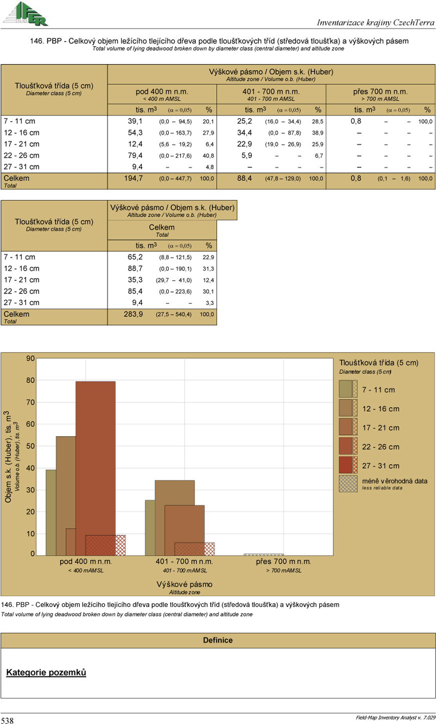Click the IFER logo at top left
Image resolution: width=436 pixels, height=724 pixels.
pyautogui.click(x=26, y=14)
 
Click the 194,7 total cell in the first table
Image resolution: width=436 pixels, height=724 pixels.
pyautogui.click(x=133, y=178)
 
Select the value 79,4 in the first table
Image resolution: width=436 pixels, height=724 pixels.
pyautogui.click(x=135, y=155)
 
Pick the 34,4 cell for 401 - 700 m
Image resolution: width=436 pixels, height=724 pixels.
pyautogui.click(x=244, y=133)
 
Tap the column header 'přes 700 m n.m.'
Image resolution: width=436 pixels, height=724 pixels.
pyautogui.click(x=380, y=92)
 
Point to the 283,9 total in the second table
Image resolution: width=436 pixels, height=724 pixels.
pyautogui.click(x=133, y=314)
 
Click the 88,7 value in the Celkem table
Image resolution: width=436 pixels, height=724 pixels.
pyautogui.click(x=135, y=268)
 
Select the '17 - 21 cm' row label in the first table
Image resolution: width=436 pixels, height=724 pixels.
pyautogui.click(x=22, y=144)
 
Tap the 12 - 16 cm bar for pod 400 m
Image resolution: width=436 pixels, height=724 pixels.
pyautogui.click(x=66, y=481)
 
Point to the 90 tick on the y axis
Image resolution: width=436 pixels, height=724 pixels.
pyautogui.click(x=31, y=358)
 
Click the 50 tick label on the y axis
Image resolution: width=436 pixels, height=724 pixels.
pyautogui.click(x=31, y=446)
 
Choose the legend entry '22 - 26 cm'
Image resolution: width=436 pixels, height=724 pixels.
pyautogui.click(x=380, y=447)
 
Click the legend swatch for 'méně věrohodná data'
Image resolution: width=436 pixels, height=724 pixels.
pyautogui.click(x=348, y=484)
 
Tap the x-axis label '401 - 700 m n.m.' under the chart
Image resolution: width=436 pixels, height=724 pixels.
pyautogui.click(x=184, y=562)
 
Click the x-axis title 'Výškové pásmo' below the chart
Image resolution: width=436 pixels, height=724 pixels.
pyautogui.click(x=184, y=584)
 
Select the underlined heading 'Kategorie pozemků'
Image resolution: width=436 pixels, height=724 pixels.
pyautogui.click(x=46, y=672)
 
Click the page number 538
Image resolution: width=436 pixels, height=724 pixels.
pyautogui.click(x=8, y=720)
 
